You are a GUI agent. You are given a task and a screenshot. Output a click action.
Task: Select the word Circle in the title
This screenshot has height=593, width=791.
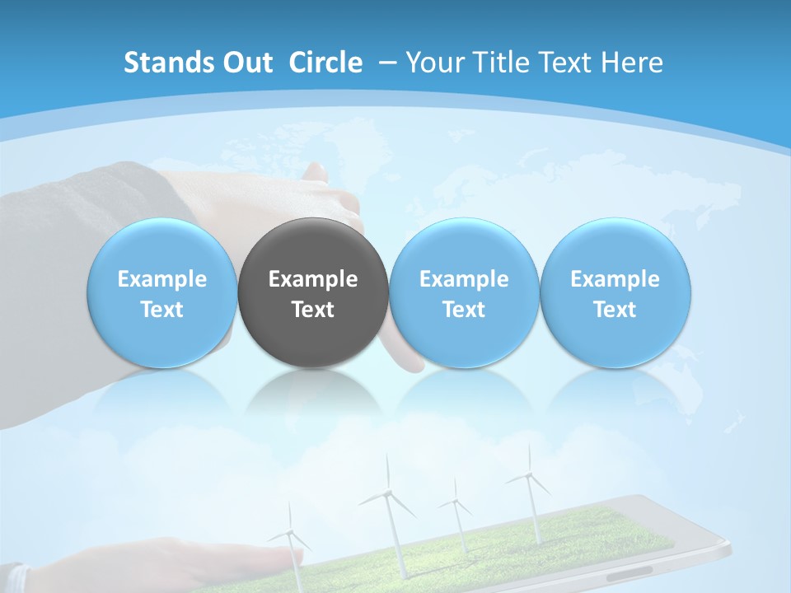click(x=325, y=63)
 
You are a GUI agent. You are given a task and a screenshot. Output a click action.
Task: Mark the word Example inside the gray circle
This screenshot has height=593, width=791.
click(x=313, y=279)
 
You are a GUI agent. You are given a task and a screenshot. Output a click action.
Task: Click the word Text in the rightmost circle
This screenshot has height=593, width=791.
click(x=615, y=310)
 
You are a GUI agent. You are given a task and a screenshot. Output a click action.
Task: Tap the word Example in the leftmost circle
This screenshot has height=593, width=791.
click(x=161, y=279)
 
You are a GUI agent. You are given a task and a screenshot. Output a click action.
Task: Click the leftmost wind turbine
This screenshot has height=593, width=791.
click(x=291, y=535)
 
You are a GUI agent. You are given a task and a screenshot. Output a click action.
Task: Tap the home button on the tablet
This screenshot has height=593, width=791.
click(x=630, y=571)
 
